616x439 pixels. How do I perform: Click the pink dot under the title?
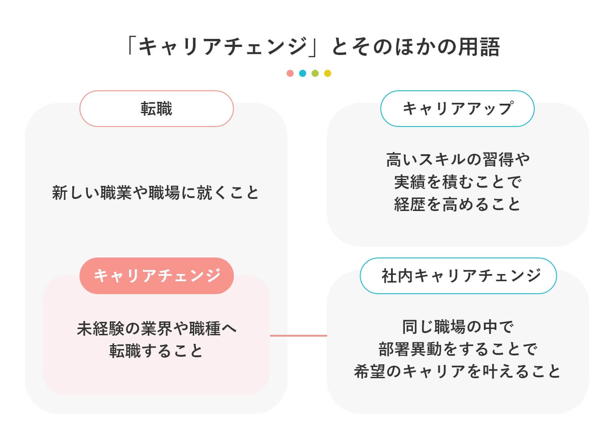pyautogui.click(x=290, y=73)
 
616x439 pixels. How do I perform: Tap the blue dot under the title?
pyautogui.click(x=303, y=73)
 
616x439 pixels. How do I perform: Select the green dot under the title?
pyautogui.click(x=315, y=73)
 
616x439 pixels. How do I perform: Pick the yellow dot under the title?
pyautogui.click(x=328, y=73)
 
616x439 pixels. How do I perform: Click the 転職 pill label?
pyautogui.click(x=157, y=109)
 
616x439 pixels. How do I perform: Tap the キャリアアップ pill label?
pyautogui.click(x=458, y=109)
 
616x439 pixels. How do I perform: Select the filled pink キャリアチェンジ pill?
pyautogui.click(x=157, y=275)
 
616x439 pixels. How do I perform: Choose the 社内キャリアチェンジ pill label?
pyautogui.click(x=458, y=275)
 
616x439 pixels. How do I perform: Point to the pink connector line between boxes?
pyautogui.click(x=298, y=335)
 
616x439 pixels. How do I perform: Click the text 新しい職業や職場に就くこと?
pyautogui.click(x=156, y=193)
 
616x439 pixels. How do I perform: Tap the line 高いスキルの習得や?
pyautogui.click(x=458, y=159)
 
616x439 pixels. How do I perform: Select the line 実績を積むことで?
pyautogui.click(x=458, y=182)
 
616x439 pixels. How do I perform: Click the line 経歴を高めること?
pyautogui.click(x=458, y=204)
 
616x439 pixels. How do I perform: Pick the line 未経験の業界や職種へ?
pyautogui.click(x=157, y=329)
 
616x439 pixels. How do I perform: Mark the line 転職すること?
pyautogui.click(x=157, y=351)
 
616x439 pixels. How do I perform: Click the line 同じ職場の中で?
pyautogui.click(x=458, y=327)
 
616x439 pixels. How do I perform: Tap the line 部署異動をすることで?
pyautogui.click(x=458, y=349)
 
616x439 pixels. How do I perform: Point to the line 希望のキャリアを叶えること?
pyautogui.click(x=458, y=371)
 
